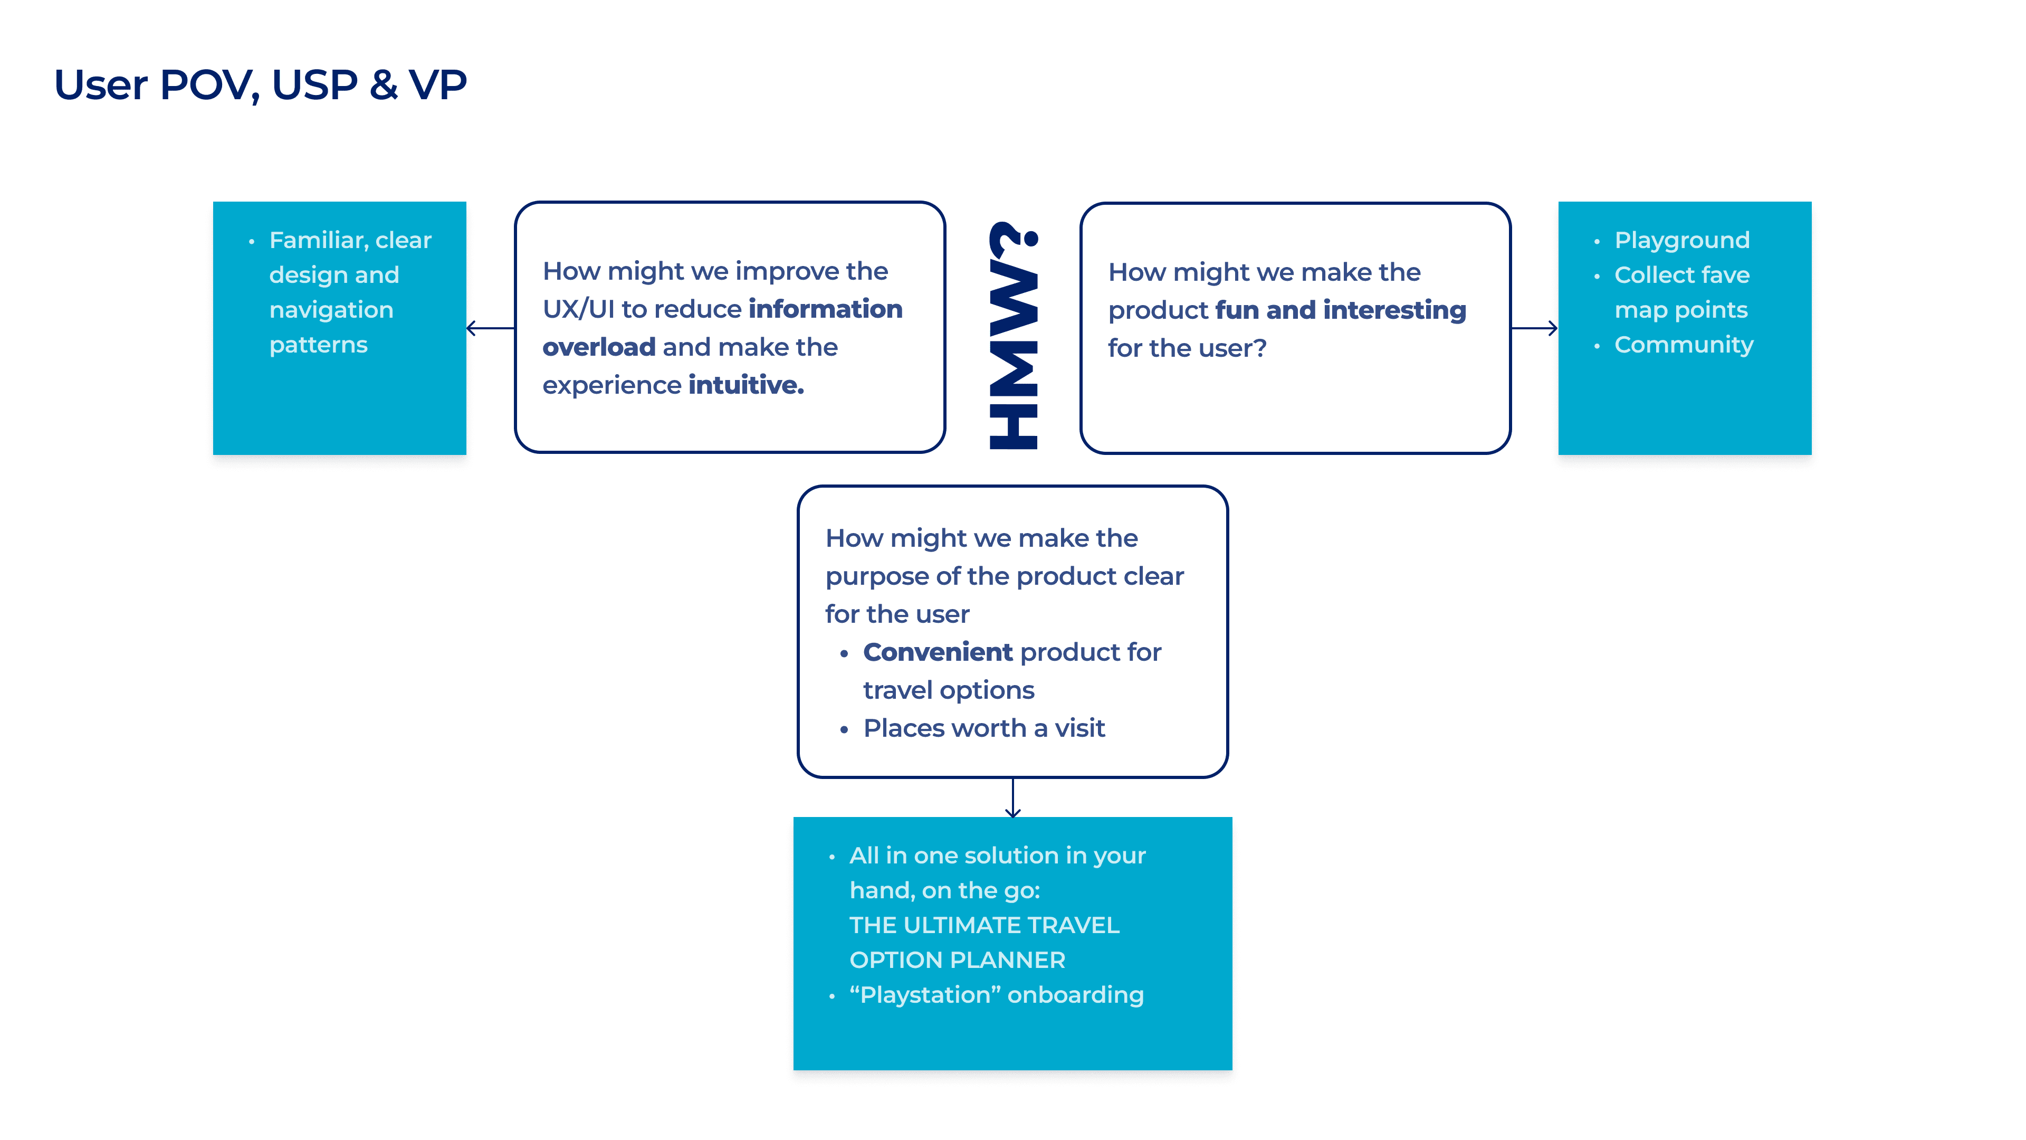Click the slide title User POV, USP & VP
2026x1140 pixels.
pos(260,84)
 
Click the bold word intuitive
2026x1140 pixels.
pos(746,385)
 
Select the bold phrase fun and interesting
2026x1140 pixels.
pos(1340,310)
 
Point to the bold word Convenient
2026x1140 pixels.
pos(938,652)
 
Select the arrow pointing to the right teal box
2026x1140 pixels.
pos(1534,328)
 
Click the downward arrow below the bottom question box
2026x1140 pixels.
pos(1013,799)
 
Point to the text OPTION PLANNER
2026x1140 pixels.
pos(957,960)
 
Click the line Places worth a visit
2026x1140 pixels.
pos(984,728)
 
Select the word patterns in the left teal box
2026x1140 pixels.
pos(319,345)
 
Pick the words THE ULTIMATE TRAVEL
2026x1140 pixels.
pos(984,925)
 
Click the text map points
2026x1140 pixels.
pos(1681,310)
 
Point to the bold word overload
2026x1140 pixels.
pos(598,347)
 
